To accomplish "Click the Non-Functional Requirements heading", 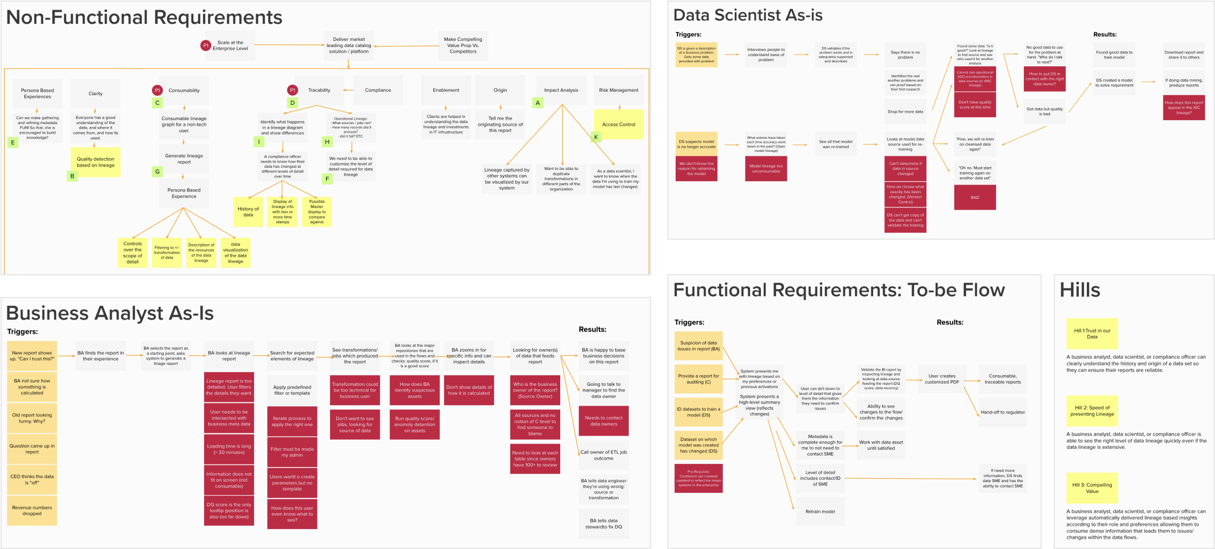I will click(x=144, y=18).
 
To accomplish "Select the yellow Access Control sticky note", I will click(x=619, y=125).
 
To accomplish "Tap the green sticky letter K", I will click(x=596, y=137).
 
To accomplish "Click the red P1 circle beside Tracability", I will click(x=293, y=90).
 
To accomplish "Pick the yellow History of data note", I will click(x=248, y=212).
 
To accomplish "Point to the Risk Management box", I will click(x=619, y=90).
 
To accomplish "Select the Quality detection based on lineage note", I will click(x=95, y=162).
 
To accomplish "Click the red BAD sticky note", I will click(x=975, y=197).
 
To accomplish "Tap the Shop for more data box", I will click(x=905, y=112).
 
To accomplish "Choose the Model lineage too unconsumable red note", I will click(x=766, y=169).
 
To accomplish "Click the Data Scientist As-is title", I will click(x=748, y=15).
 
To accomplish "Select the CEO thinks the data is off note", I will click(x=32, y=479).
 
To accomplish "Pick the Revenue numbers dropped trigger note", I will click(x=32, y=510).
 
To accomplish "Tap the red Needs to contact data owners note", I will click(x=603, y=420).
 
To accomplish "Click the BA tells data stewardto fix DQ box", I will click(x=603, y=524).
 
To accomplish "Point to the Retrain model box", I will click(x=820, y=512).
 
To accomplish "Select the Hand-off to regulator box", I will click(x=1002, y=412).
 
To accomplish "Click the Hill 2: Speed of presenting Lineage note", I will click(x=1091, y=411).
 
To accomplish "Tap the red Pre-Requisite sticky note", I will click(x=698, y=478).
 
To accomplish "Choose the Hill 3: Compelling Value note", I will click(x=1092, y=488).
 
